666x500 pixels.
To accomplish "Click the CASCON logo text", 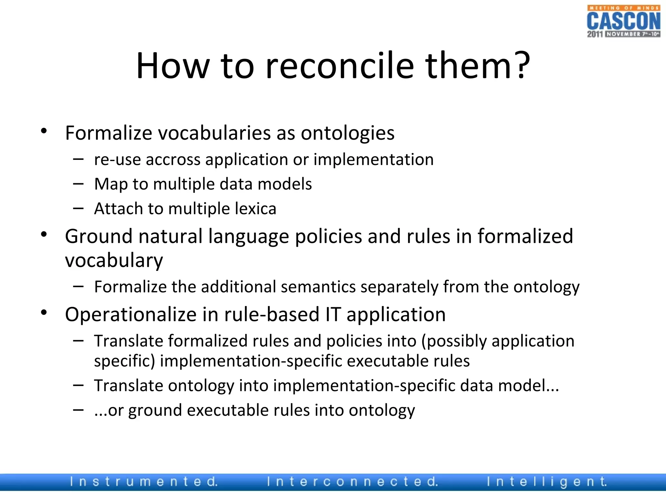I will coord(623,21).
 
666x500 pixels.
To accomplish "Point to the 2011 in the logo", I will coord(595,34).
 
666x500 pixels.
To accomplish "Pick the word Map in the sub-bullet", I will coord(111,184).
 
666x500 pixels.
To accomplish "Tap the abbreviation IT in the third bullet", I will coord(333,314).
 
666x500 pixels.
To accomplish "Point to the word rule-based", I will coord(272,314).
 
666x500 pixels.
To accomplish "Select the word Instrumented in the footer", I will coord(144,481).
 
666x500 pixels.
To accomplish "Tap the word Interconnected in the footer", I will coord(352,481).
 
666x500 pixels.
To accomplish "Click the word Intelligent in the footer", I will coord(547,481).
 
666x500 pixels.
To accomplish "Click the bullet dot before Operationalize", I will coord(44,313).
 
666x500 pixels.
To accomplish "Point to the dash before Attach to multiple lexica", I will coord(78,208).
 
